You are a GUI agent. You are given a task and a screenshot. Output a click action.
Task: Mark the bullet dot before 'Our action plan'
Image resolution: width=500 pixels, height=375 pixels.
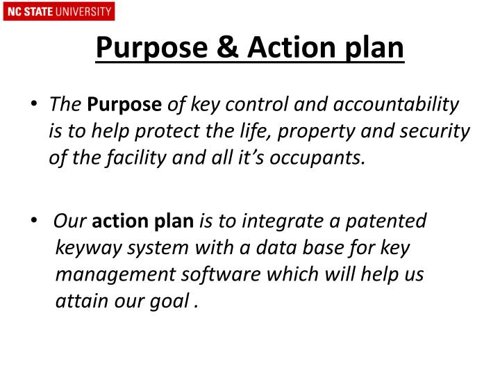35,221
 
